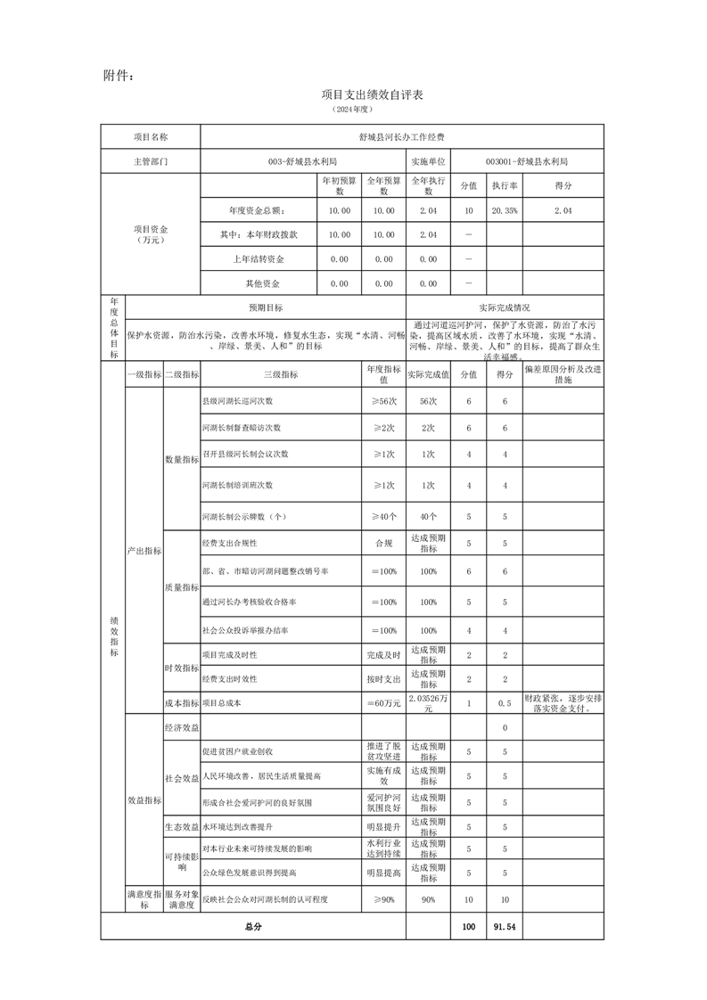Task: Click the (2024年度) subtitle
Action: (352, 109)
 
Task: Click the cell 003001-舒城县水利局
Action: (527, 162)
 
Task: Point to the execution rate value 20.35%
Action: (504, 210)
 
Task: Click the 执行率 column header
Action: (504, 185)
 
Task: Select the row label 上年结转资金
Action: (258, 258)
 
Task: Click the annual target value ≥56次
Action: (383, 402)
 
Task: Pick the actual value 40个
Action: (428, 516)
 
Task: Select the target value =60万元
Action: (383, 702)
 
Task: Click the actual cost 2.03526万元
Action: (428, 702)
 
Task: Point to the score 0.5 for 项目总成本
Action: (504, 702)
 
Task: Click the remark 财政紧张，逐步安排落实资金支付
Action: (562, 702)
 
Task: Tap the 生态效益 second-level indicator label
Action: (181, 827)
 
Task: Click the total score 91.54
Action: (504, 927)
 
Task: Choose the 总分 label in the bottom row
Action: (253, 927)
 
